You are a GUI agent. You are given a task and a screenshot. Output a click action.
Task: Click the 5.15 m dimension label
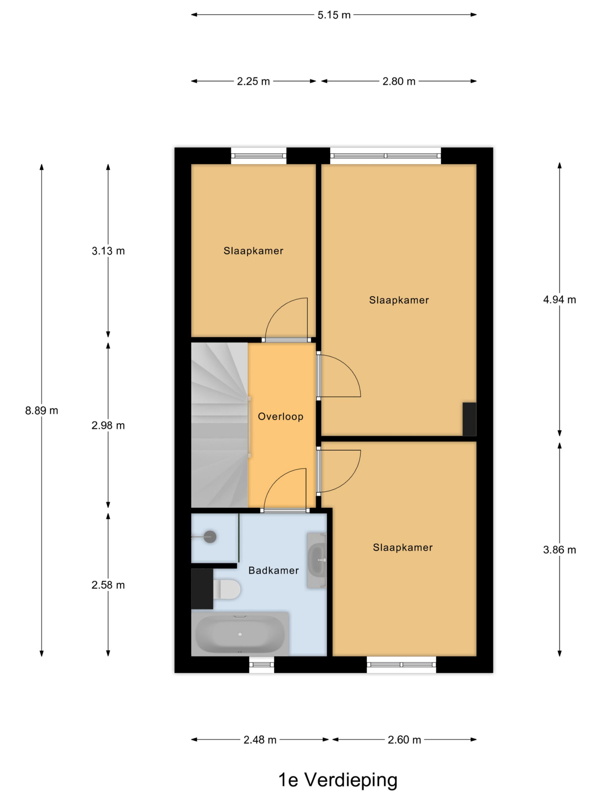click(334, 15)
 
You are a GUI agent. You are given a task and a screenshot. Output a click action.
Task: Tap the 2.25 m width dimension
click(253, 81)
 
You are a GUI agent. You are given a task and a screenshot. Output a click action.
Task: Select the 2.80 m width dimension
click(398, 81)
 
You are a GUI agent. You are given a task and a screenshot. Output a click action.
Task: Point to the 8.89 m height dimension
click(42, 410)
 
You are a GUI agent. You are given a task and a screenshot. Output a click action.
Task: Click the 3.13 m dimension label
click(108, 251)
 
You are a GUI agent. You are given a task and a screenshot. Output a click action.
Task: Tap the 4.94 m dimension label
click(559, 299)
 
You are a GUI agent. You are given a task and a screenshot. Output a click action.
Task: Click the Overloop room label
click(280, 416)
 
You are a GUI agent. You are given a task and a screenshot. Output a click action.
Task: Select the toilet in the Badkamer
click(226, 589)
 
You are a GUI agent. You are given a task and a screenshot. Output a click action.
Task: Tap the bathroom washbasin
click(317, 560)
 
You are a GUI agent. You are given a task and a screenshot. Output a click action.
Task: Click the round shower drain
click(210, 537)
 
